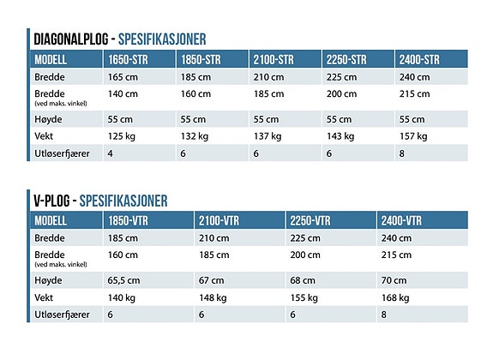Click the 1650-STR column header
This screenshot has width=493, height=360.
click(x=128, y=59)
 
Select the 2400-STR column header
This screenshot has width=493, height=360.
click(x=419, y=59)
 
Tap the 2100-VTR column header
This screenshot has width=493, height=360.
click(x=219, y=220)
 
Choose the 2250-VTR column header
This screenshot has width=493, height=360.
click(x=310, y=220)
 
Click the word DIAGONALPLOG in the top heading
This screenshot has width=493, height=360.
click(x=71, y=39)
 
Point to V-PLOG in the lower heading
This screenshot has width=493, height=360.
click(x=51, y=201)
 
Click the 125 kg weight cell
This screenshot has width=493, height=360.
click(x=122, y=136)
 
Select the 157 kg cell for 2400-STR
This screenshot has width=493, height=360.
click(x=413, y=136)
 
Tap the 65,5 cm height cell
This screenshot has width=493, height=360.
click(x=123, y=280)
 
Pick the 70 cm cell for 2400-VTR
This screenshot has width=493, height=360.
click(x=394, y=280)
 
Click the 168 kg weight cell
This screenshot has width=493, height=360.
click(x=395, y=297)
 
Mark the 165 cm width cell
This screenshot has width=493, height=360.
click(x=123, y=77)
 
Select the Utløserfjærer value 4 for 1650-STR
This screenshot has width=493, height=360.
click(x=110, y=153)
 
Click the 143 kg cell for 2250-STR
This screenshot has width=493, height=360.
click(x=340, y=136)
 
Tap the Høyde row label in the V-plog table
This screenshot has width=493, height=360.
click(x=48, y=280)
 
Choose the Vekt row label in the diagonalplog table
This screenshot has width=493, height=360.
click(x=44, y=136)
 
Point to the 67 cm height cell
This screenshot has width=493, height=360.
click(x=211, y=280)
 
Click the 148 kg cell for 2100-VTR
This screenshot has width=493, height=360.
click(x=213, y=297)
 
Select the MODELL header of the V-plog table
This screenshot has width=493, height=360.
click(x=51, y=220)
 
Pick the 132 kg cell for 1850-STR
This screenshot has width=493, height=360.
click(x=195, y=136)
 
